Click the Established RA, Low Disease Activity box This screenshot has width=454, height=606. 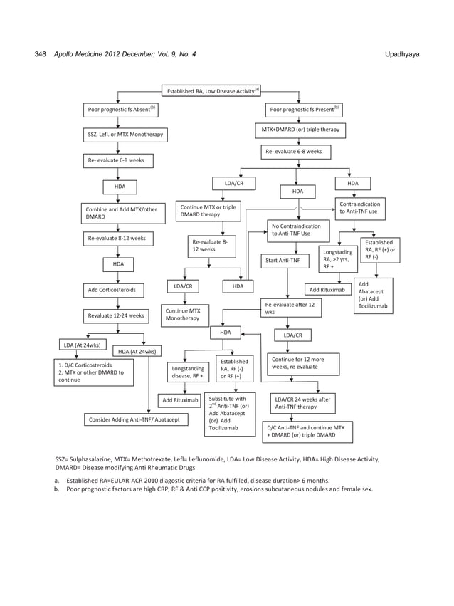pyautogui.click(x=212, y=90)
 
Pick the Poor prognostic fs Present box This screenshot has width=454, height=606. pyautogui.click(x=305, y=110)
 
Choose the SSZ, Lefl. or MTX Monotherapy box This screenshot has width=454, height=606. pyautogui.click(x=125, y=135)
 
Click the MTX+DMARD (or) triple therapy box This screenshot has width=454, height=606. pyautogui.click(x=301, y=130)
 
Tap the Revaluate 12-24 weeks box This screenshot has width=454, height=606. pyautogui.click(x=117, y=315)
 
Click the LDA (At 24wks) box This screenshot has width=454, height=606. pyautogui.click(x=82, y=346)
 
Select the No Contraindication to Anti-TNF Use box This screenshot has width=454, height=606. pyautogui.click(x=300, y=230)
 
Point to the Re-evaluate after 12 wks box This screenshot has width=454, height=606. pyautogui.click(x=291, y=308)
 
